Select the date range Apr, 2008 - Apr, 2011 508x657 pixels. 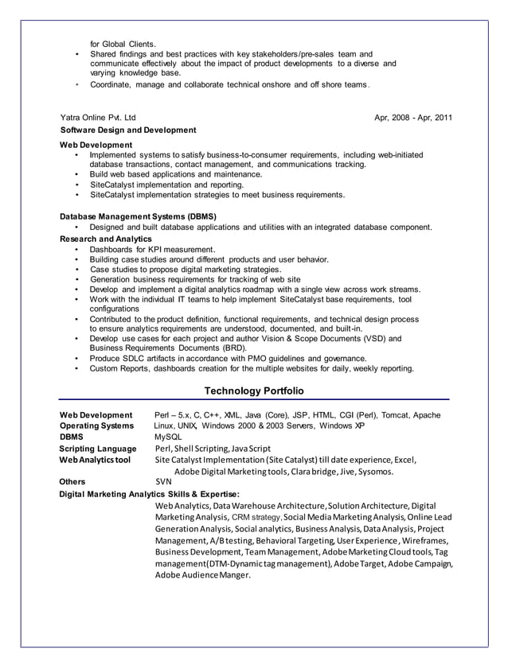413,118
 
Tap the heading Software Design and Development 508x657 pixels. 128,130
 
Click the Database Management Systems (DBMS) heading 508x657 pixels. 139,216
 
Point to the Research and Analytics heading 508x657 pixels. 106,238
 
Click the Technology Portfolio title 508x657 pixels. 254,391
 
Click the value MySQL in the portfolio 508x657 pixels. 168,437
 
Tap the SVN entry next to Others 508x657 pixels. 163,481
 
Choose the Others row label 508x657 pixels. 72,481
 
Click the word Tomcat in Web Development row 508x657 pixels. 396,414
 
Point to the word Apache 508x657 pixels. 428,414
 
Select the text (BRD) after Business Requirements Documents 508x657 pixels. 235,348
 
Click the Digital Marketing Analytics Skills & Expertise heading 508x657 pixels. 149,493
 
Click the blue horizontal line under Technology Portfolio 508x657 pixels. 254,400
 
